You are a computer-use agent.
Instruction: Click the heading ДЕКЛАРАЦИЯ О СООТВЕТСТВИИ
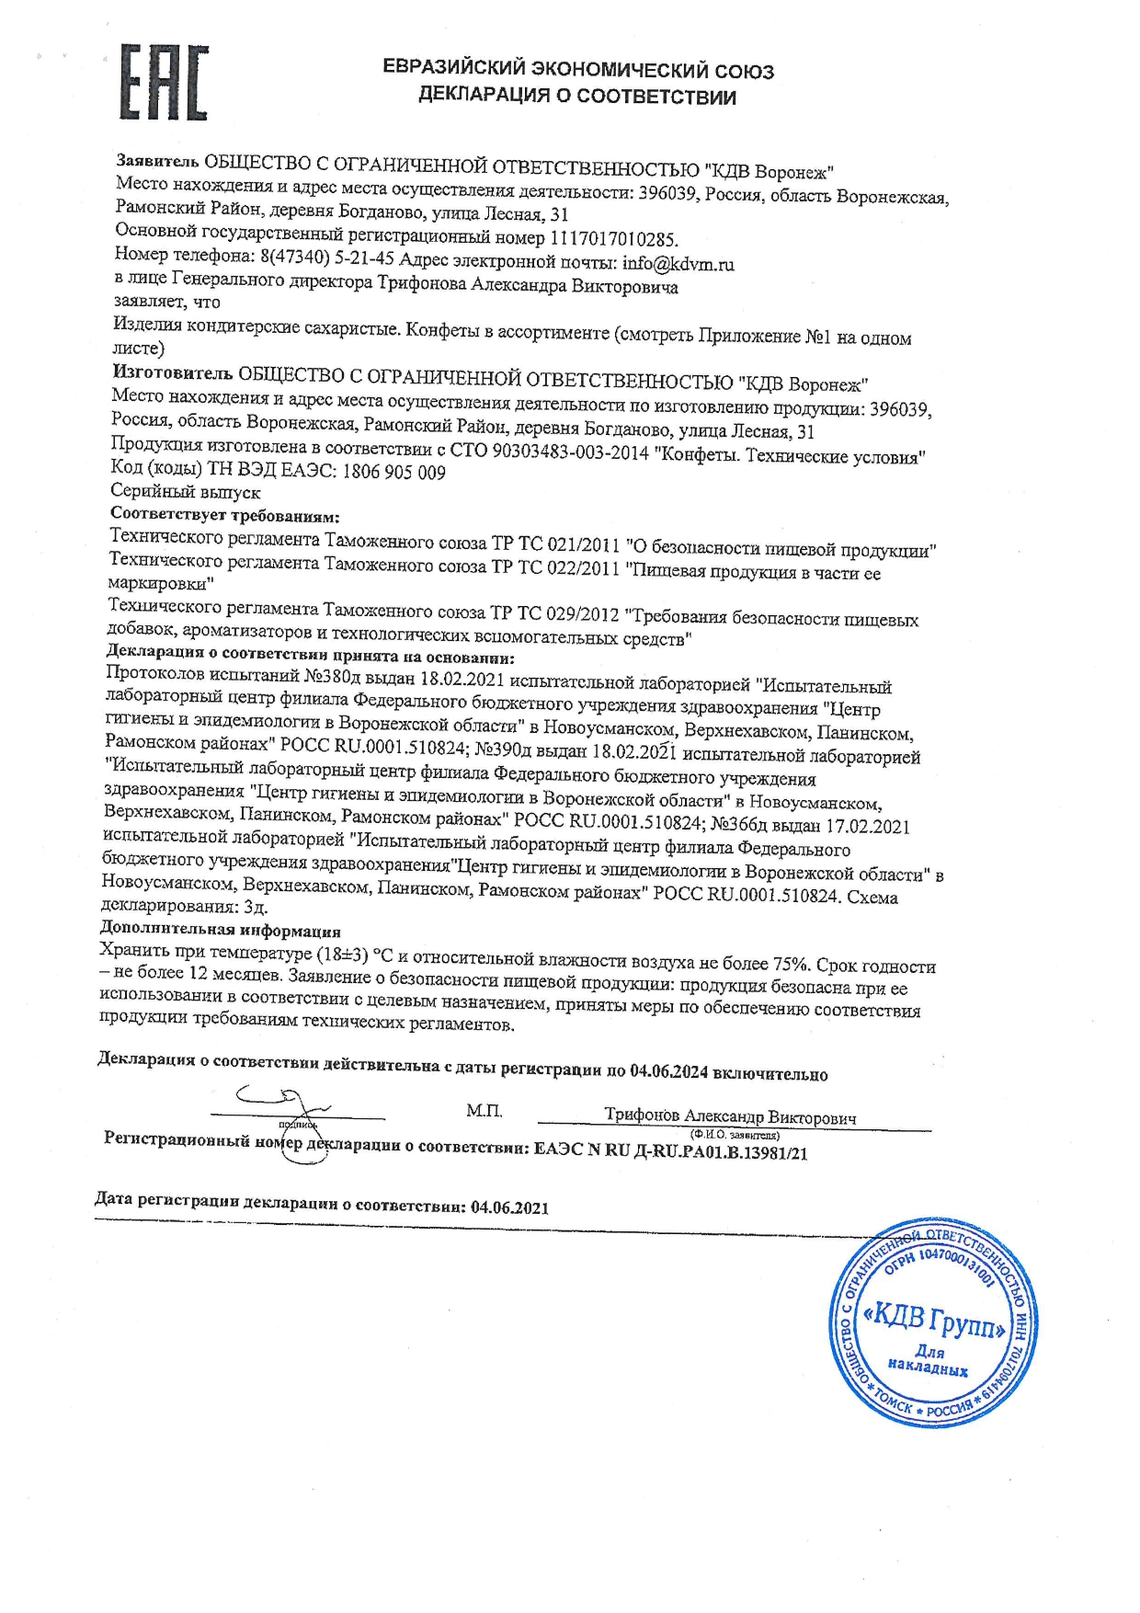click(576, 97)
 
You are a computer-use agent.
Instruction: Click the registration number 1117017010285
click(613, 240)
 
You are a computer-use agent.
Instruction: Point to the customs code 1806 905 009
click(393, 472)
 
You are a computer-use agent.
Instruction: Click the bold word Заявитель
click(157, 162)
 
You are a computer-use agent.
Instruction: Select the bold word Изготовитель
click(172, 372)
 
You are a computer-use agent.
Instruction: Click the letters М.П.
click(484, 1111)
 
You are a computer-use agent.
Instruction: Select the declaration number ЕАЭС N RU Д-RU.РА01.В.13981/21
click(670, 1152)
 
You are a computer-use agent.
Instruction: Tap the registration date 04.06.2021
click(509, 1207)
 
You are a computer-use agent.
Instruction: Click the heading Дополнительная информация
click(220, 930)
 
